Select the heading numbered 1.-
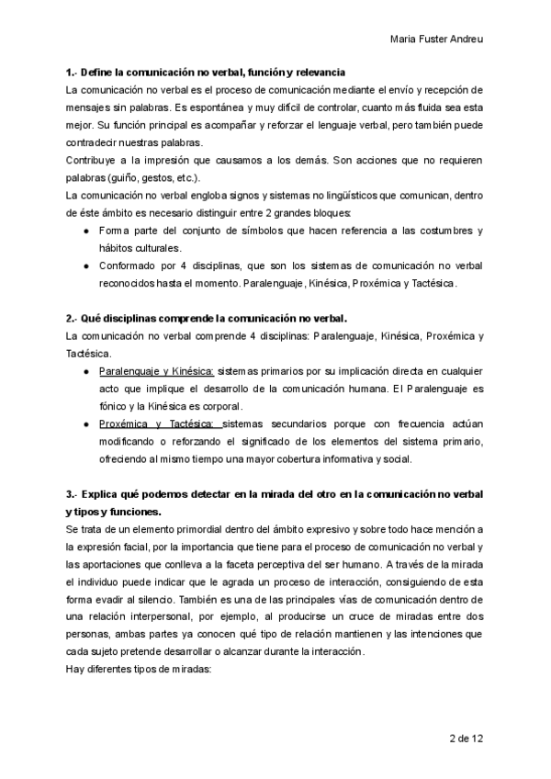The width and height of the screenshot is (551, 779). coord(206,72)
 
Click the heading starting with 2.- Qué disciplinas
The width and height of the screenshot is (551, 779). coord(206,319)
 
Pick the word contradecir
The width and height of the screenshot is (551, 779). coord(96,143)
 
